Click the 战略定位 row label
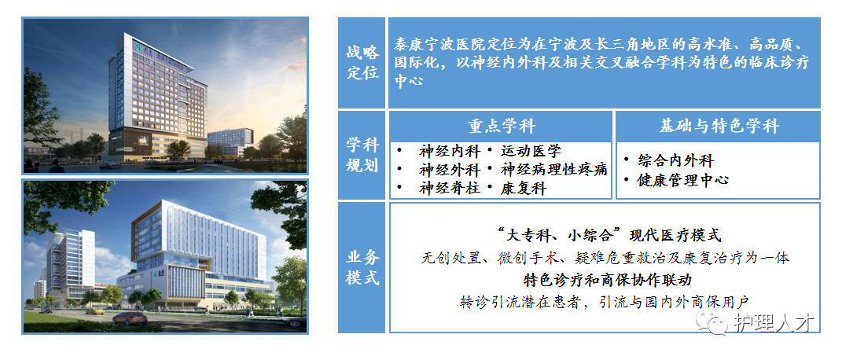point(362,62)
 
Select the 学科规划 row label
point(362,155)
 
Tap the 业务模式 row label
point(362,267)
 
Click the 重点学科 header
point(501,127)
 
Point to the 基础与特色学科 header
point(719,127)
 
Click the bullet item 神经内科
point(450,151)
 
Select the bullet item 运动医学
point(531,151)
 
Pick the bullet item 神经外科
point(450,170)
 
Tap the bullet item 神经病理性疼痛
point(553,170)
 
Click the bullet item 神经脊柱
point(450,189)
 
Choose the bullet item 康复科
point(523,189)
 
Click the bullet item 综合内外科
point(675,160)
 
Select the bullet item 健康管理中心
point(683,180)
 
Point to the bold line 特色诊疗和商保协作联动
point(608,280)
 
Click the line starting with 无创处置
point(605,258)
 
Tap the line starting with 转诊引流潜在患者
point(604,302)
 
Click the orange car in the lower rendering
point(130,318)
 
